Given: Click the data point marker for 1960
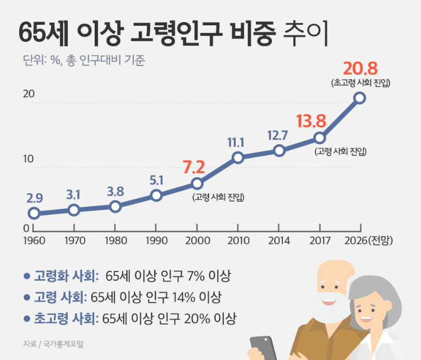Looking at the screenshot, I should click(x=34, y=213).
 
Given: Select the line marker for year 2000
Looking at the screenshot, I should click(x=197, y=183).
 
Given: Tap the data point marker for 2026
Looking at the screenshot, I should click(x=359, y=97).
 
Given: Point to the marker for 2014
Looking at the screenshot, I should click(x=279, y=150).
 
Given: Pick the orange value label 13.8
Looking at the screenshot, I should click(x=311, y=121).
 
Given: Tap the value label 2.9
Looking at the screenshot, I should click(x=34, y=198).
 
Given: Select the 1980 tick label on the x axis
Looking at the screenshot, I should click(x=115, y=241).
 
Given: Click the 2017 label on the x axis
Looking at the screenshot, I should click(x=320, y=241).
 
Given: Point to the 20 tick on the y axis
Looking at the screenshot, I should click(x=29, y=94).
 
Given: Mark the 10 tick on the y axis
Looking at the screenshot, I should click(x=29, y=159).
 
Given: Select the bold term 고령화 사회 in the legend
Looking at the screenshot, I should click(x=66, y=275).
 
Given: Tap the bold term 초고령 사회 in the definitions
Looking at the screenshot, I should click(x=66, y=318).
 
